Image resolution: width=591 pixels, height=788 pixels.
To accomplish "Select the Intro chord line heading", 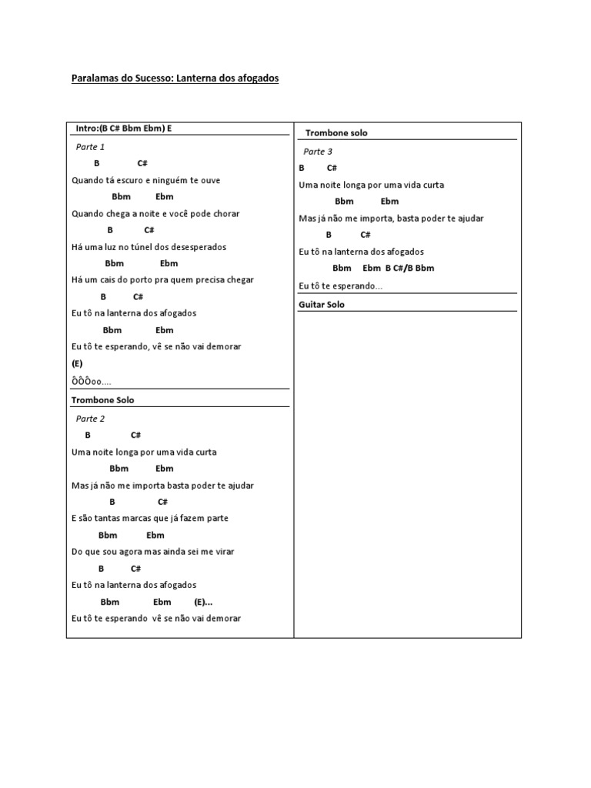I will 124,129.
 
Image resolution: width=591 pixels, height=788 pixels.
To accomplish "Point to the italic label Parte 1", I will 91,147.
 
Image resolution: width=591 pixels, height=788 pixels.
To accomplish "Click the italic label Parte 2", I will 91,419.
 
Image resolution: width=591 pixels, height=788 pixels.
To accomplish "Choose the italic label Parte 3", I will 318,152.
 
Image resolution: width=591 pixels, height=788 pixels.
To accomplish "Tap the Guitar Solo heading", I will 322,305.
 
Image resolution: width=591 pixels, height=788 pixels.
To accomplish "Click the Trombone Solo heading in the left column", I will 102,400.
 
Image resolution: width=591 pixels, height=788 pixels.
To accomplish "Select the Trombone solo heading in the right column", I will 336,133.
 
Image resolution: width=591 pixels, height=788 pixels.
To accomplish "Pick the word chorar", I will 225,213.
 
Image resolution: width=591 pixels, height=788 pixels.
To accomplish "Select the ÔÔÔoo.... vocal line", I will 92,382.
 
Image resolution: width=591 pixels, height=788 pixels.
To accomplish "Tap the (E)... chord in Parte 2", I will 203,602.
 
